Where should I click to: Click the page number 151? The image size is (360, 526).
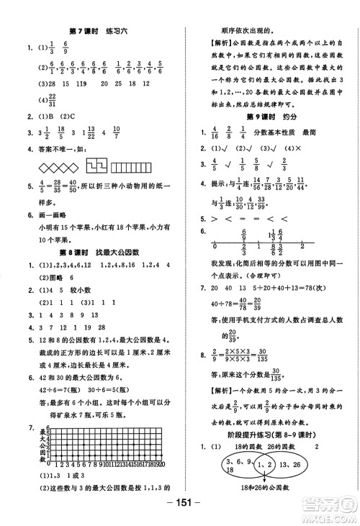point(180,512)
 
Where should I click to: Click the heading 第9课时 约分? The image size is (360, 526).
point(271,114)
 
